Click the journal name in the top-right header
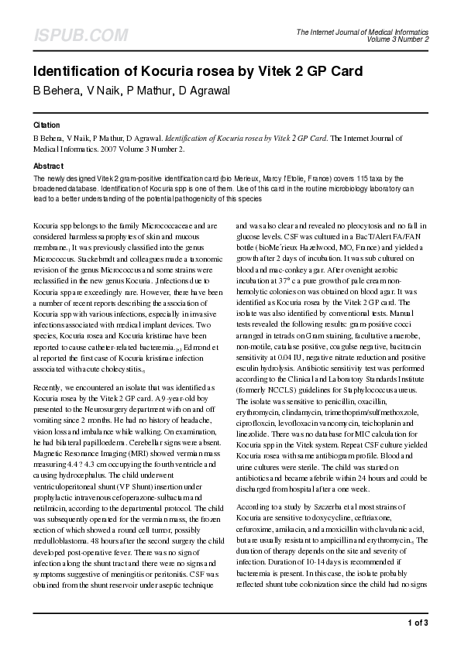[363, 32]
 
